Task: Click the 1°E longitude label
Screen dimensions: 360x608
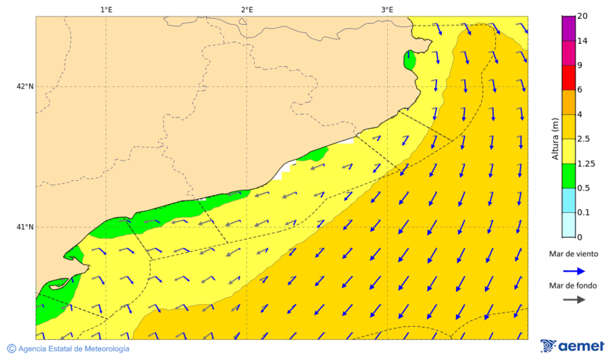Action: (x=106, y=9)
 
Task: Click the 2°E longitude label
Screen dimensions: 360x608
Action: (x=247, y=9)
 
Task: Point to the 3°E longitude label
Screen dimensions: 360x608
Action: (x=387, y=9)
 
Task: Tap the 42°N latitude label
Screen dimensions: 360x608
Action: (x=25, y=86)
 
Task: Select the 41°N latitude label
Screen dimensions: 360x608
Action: (x=25, y=227)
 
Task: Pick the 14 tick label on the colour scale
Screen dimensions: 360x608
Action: (x=582, y=41)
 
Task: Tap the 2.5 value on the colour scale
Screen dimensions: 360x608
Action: (x=585, y=139)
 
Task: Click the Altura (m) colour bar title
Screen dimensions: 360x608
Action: (x=555, y=139)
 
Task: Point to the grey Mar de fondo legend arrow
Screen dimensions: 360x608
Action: (x=573, y=300)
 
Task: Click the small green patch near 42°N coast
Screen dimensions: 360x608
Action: (x=409, y=60)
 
